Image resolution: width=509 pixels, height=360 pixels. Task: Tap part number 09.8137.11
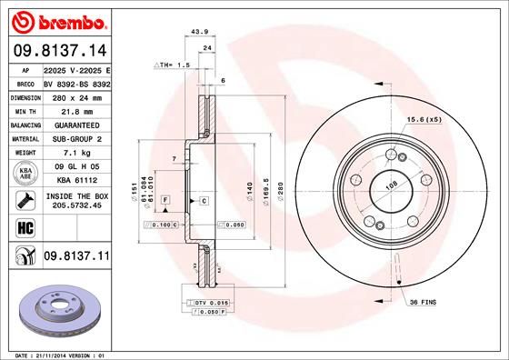(x=75, y=257)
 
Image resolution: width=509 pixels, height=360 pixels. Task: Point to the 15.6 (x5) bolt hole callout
(x=426, y=119)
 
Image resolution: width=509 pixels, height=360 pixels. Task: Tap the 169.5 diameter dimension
(x=266, y=192)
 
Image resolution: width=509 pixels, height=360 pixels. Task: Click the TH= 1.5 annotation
(x=174, y=65)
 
